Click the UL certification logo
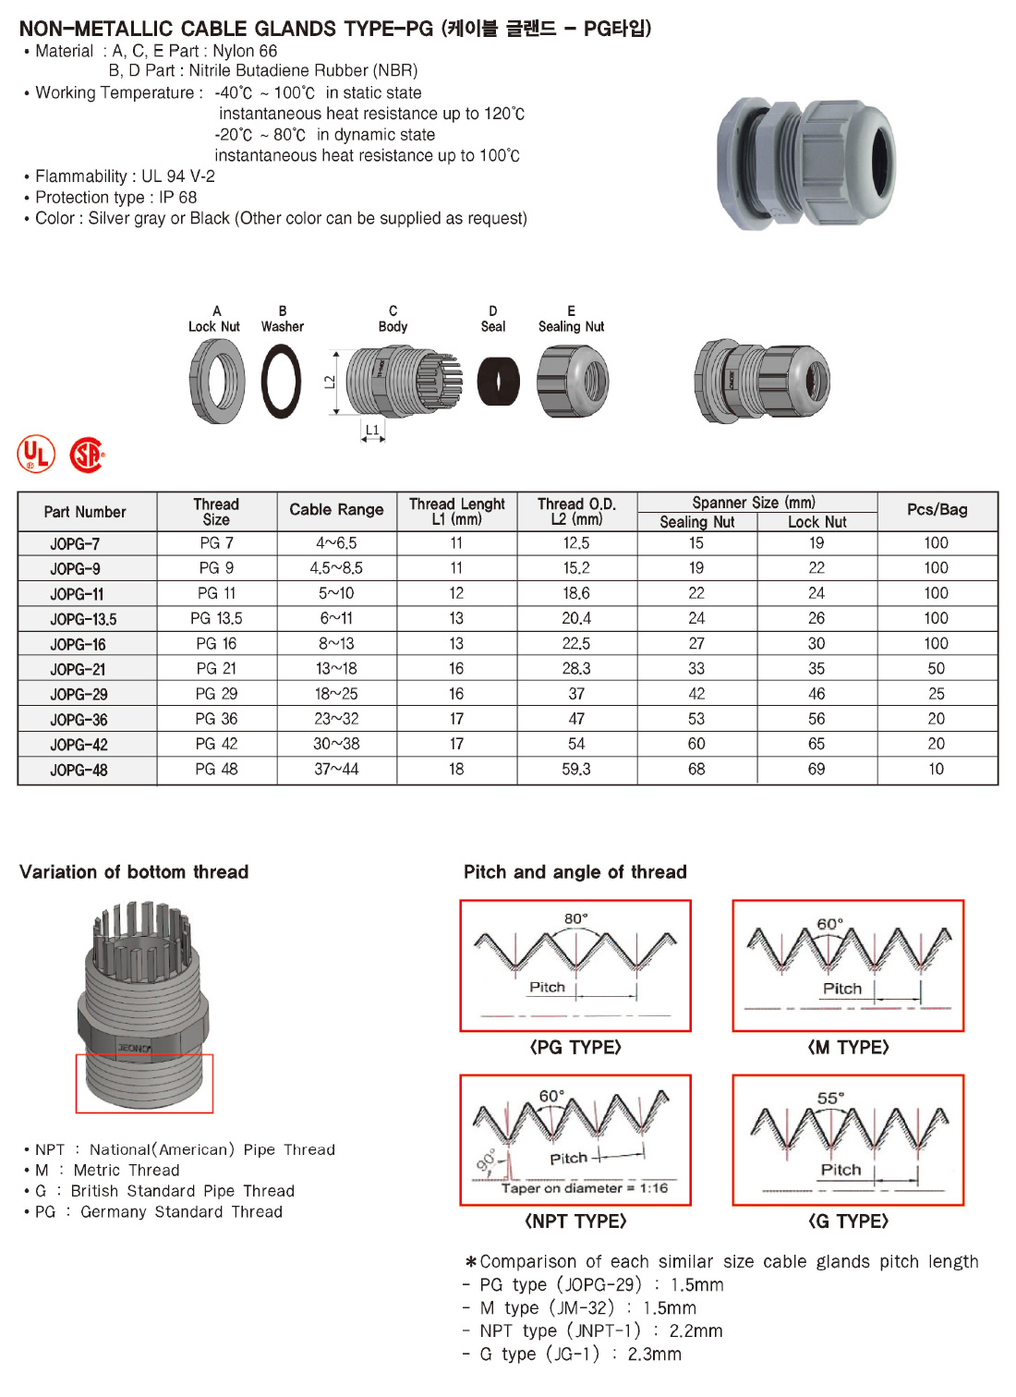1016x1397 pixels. tap(36, 455)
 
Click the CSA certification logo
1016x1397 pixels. tap(87, 455)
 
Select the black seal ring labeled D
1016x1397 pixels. tap(498, 381)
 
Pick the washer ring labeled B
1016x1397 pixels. tap(281, 381)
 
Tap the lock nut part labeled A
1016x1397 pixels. tap(217, 381)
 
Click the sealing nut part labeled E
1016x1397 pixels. tap(573, 381)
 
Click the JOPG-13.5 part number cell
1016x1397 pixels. tap(84, 619)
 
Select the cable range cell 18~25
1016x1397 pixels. tap(336, 694)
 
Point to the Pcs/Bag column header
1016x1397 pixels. tap(937, 510)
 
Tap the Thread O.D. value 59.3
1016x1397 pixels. tap(576, 769)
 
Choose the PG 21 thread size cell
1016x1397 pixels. tap(216, 669)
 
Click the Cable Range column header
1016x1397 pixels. tap(336, 510)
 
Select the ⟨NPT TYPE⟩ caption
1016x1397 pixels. tap(575, 1221)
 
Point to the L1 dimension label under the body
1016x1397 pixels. tap(372, 431)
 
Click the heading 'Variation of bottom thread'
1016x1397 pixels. tap(134, 872)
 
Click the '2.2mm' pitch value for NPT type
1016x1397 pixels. tap(695, 1331)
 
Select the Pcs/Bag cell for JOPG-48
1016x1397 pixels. tap(937, 769)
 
